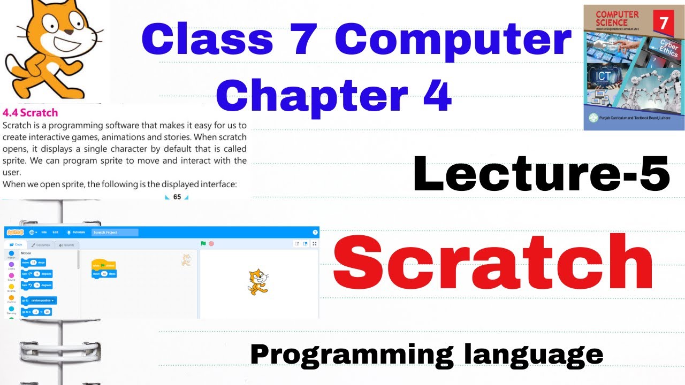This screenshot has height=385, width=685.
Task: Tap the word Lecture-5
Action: (541, 174)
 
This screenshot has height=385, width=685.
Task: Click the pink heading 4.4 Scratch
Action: (31, 113)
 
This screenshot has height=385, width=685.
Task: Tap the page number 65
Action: (177, 197)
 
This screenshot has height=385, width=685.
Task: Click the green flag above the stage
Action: (203, 244)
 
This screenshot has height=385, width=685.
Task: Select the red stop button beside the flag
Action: (211, 244)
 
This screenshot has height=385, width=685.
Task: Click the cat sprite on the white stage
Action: (257, 282)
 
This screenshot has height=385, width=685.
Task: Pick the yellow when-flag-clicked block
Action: (104, 265)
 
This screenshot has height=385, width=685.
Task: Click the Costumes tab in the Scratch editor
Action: (40, 245)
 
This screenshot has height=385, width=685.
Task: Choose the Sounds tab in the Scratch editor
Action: (66, 245)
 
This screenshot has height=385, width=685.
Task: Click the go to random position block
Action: (39, 301)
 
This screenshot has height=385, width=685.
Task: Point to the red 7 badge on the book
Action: (663, 24)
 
